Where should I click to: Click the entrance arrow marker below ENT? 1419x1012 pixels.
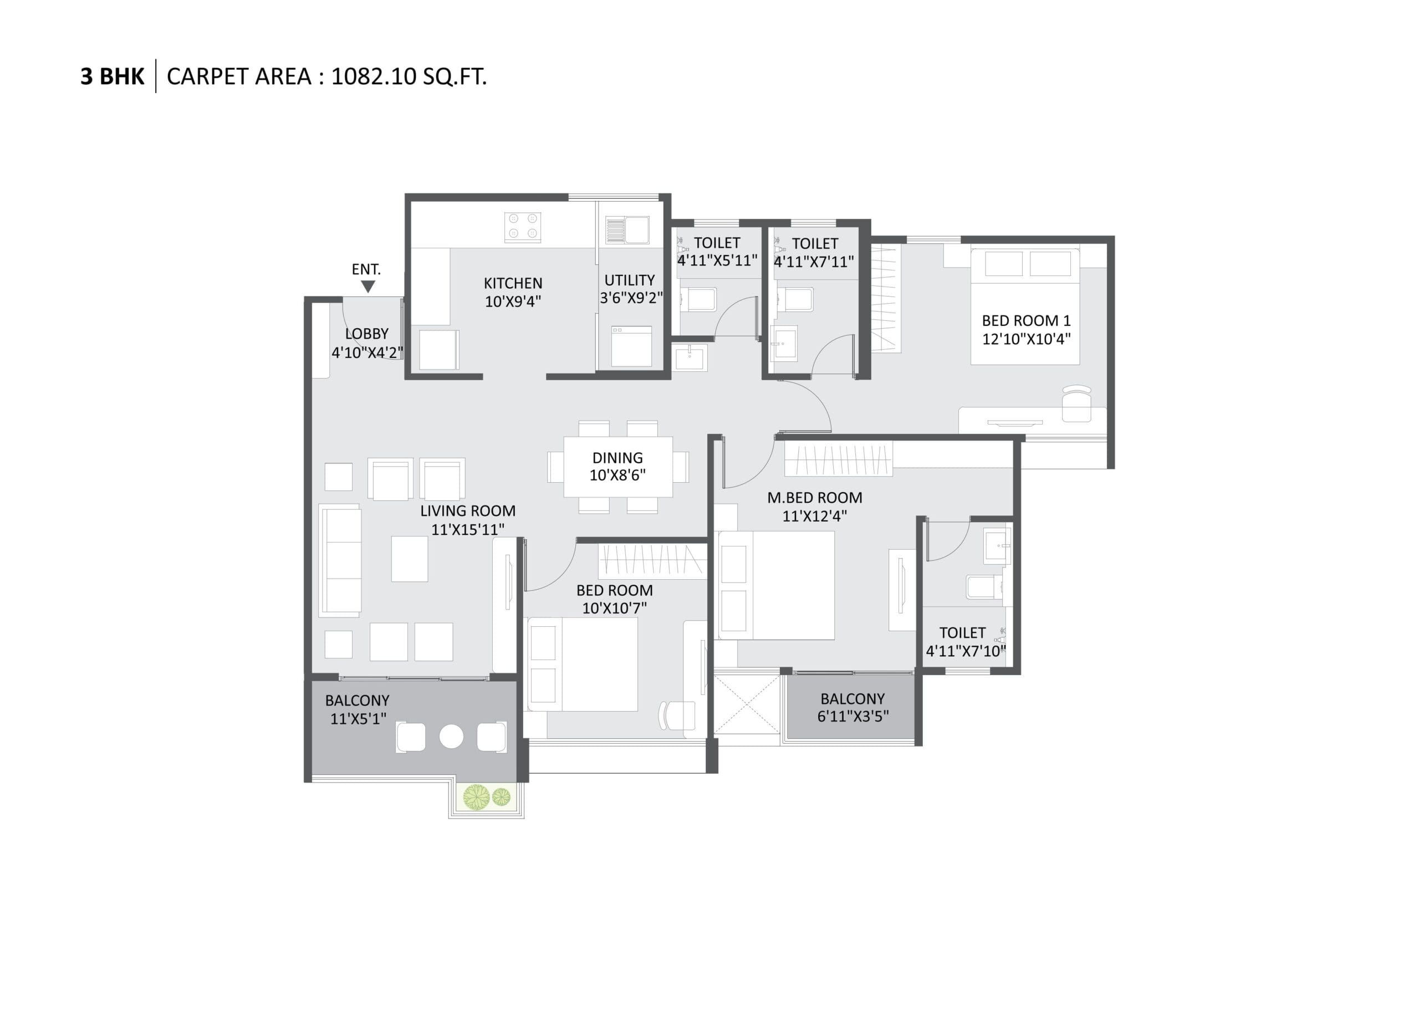point(368,287)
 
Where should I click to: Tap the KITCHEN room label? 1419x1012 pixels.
point(513,284)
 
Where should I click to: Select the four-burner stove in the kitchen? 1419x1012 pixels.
point(522,226)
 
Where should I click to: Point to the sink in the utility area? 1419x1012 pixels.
point(627,230)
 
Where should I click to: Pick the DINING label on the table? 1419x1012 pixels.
point(617,458)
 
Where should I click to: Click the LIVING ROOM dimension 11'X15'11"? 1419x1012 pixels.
point(468,530)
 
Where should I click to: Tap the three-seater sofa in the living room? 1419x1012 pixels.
point(340,560)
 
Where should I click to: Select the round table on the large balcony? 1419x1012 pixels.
point(451,737)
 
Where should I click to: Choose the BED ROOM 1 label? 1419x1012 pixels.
point(1027,321)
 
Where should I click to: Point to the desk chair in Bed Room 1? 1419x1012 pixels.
point(1077,404)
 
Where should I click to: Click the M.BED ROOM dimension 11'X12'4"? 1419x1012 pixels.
point(814,516)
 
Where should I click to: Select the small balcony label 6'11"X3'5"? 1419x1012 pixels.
point(853,717)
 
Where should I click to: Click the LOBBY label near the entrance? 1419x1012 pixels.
point(367,334)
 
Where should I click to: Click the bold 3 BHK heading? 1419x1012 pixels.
point(112,76)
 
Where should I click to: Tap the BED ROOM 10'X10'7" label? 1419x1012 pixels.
point(615,599)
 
